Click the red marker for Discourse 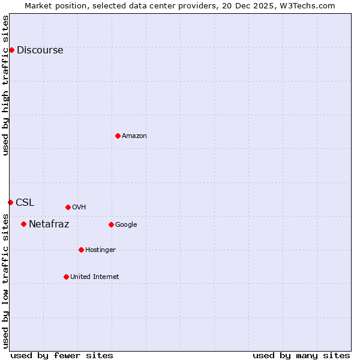click(x=11, y=50)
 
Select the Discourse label click(x=40, y=50)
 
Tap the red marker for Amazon click(x=118, y=136)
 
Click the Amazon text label click(x=134, y=136)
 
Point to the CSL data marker click(x=10, y=202)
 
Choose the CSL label click(x=25, y=203)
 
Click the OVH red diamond click(x=68, y=207)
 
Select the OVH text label click(x=79, y=208)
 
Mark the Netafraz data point click(x=23, y=224)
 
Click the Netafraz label click(x=49, y=224)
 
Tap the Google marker click(x=111, y=224)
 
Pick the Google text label click(x=126, y=225)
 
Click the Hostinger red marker click(x=81, y=250)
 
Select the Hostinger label click(x=100, y=250)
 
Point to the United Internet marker click(x=66, y=277)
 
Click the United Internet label click(x=95, y=277)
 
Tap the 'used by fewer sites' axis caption click(x=62, y=356)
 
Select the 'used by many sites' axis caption click(x=301, y=356)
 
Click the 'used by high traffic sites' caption click(x=5, y=85)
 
